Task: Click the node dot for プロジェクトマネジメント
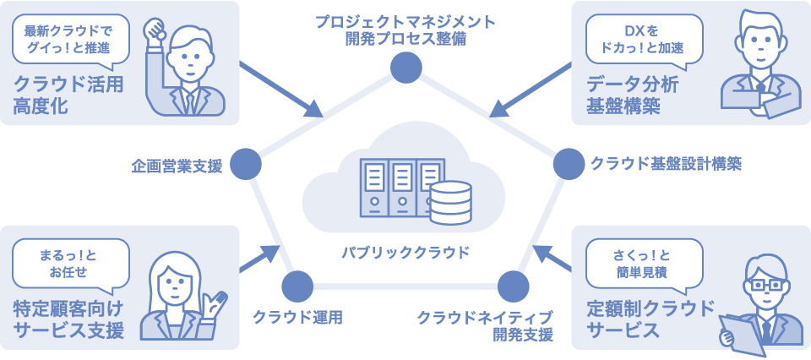point(405,68)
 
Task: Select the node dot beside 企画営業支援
point(245,164)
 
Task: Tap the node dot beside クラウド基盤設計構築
point(568,164)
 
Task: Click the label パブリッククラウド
point(405,252)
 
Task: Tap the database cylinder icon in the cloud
point(449,202)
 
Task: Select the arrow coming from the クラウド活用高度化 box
point(279,88)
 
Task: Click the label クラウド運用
point(297,318)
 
